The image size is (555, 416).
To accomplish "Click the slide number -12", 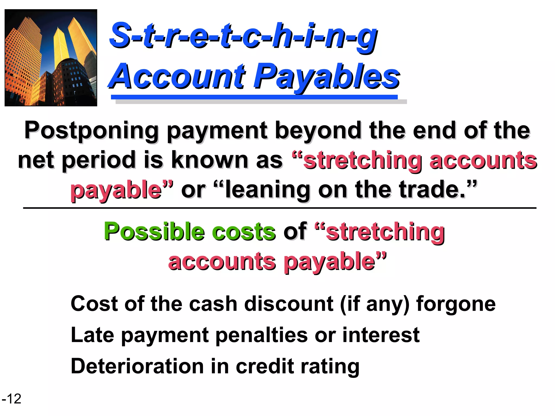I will tap(12, 399).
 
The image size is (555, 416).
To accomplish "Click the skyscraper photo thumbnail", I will tap(51, 58).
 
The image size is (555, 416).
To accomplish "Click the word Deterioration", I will tap(137, 366).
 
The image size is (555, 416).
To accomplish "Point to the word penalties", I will tap(262, 335).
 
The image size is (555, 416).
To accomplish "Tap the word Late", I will tap(92, 335).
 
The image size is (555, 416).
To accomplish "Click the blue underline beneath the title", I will tap(254, 97).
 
